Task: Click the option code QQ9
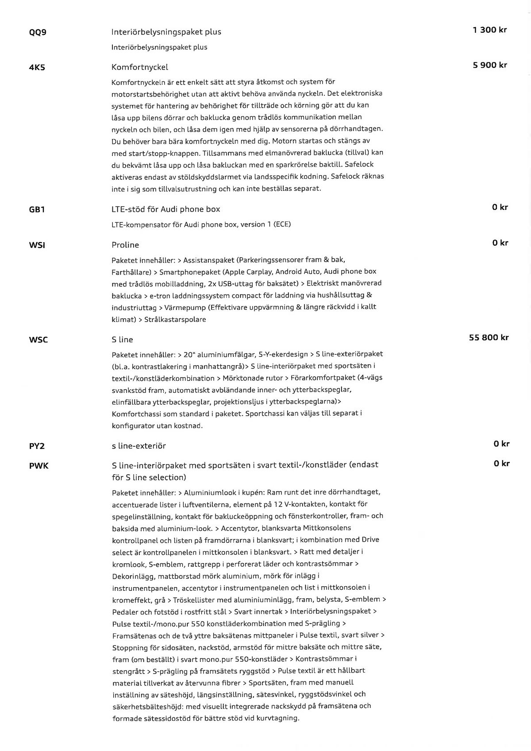coord(38,32)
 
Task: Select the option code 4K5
coord(37,68)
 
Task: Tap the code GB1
coord(37,209)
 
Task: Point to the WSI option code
coord(37,245)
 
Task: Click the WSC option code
coord(38,340)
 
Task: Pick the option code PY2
coord(37,446)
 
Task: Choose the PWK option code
coord(38,465)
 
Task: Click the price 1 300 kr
coord(489,30)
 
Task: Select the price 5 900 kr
coord(489,65)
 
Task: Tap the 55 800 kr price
coord(489,337)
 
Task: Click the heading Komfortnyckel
coord(140,67)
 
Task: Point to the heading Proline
coord(125,245)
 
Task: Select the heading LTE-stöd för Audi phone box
coord(165,209)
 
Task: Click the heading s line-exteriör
coord(139,446)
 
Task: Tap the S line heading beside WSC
coord(122,340)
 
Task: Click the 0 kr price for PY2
coord(501,444)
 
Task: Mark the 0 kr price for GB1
coord(500,207)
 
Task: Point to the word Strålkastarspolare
coord(175,319)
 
